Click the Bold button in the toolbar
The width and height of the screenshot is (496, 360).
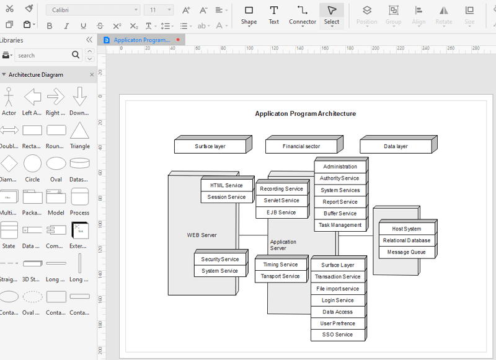(50, 25)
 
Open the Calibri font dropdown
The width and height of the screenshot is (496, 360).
(93, 10)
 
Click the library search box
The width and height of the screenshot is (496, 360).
(43, 55)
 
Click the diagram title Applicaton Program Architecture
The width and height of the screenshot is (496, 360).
(305, 113)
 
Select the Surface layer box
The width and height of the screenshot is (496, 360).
(210, 146)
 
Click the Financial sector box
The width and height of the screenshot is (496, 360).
(301, 146)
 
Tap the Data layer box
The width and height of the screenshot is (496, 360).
(396, 146)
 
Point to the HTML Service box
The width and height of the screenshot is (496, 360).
(226, 185)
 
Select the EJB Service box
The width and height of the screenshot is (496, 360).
(281, 213)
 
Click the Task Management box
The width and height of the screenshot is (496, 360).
(340, 226)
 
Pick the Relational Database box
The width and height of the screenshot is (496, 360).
(406, 240)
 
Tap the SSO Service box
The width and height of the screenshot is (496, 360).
(338, 335)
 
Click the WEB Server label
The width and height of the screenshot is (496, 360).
(202, 235)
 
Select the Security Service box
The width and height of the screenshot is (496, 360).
(220, 259)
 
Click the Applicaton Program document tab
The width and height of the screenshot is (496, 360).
(141, 40)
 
